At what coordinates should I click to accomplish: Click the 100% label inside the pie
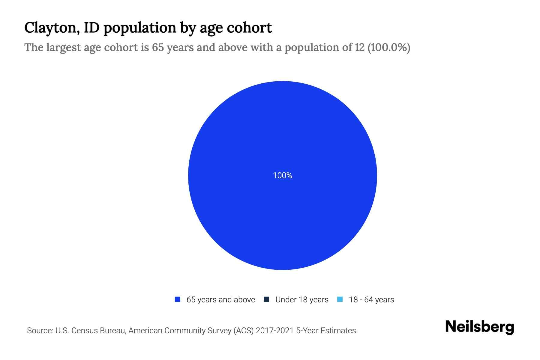282,175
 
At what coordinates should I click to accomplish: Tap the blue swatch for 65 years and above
178,299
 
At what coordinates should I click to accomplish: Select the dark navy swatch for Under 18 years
266,299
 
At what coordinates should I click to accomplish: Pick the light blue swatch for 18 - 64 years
340,299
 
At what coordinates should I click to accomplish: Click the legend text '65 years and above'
220,300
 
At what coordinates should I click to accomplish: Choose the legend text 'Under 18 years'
302,300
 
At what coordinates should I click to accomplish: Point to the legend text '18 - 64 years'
371,300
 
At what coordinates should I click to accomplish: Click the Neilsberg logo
479,327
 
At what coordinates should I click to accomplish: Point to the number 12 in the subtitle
359,47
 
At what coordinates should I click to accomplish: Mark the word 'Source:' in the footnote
40,331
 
